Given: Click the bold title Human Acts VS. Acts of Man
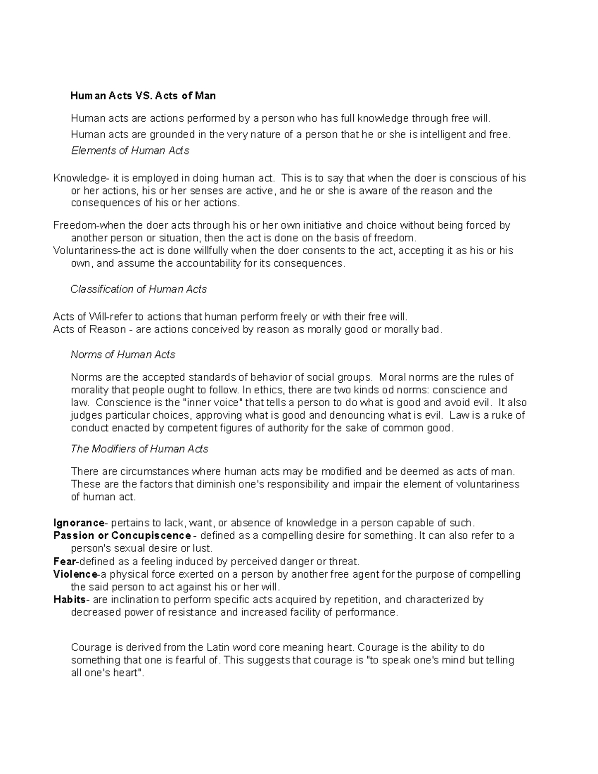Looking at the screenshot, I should [x=143, y=95].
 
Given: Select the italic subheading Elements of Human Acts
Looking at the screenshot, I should [x=130, y=151].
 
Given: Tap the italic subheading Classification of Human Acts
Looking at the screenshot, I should [x=139, y=289].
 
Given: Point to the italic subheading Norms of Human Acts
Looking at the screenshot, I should [x=123, y=354].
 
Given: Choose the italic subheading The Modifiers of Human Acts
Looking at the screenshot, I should [x=140, y=449].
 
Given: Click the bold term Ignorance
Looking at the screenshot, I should [x=79, y=523].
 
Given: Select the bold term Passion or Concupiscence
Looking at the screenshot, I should [x=122, y=536].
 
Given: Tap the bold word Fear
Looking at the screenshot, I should [x=63, y=561].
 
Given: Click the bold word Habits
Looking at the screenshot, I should [x=69, y=600].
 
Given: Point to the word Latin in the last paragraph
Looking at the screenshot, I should [x=218, y=647].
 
